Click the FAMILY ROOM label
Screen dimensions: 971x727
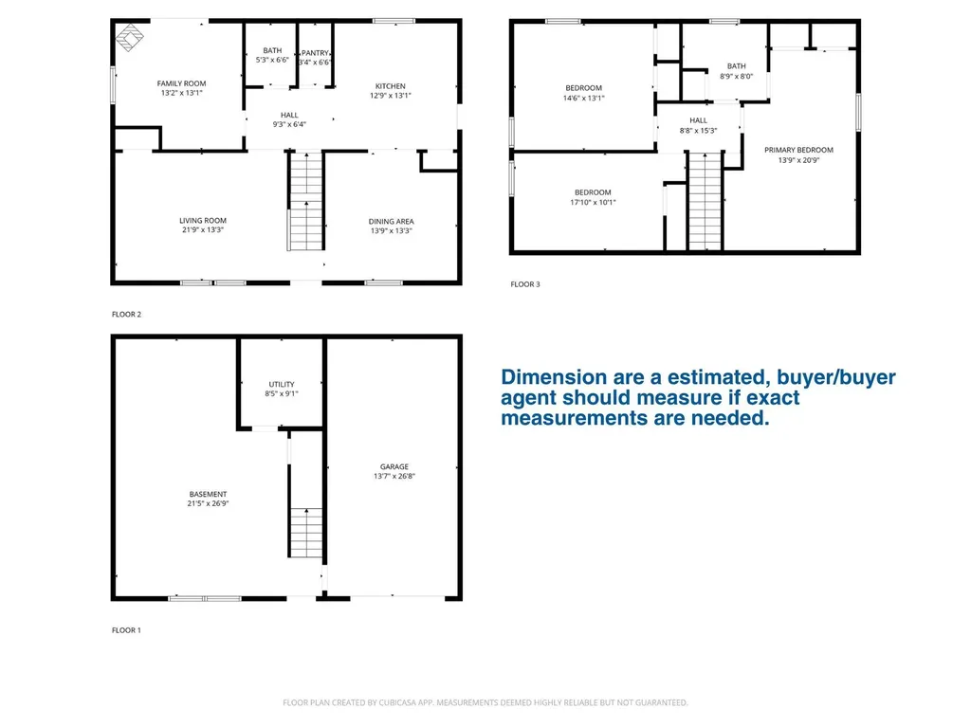coord(181,83)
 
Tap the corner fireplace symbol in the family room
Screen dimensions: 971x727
coord(129,37)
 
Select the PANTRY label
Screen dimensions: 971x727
coord(315,53)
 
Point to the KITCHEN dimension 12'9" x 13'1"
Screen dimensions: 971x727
coord(390,96)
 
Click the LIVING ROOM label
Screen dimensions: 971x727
coord(203,221)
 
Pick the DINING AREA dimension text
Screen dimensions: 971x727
coord(392,231)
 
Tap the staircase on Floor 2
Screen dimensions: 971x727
coord(306,201)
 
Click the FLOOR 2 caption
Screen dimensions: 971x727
coord(126,315)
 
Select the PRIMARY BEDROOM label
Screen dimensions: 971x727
coord(798,150)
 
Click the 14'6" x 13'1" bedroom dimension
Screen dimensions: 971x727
coord(584,98)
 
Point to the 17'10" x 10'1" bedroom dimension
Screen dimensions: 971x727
coord(594,203)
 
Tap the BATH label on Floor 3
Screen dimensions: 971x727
coord(736,66)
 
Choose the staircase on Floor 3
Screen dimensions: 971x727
coord(705,201)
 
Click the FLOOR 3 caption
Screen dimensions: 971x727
coord(525,284)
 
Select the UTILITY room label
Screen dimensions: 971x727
coord(282,385)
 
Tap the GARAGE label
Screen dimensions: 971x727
coord(394,467)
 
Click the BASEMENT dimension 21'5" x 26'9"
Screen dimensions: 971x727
coord(208,504)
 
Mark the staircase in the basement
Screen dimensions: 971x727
coord(306,533)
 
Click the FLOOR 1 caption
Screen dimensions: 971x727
coord(126,630)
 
